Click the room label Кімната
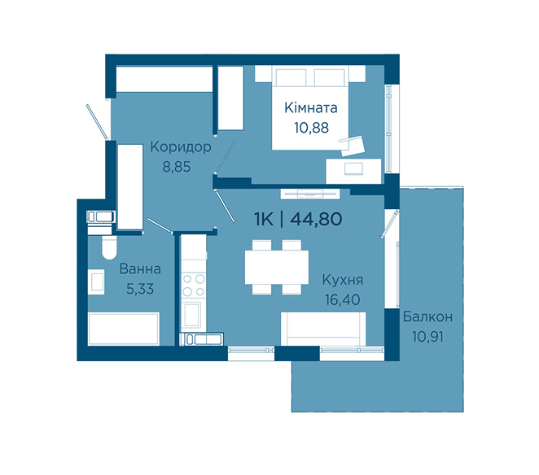point(311,108)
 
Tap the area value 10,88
point(312,128)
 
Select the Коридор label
point(181,147)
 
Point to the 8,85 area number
point(177,167)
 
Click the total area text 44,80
point(316,219)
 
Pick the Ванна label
point(140,269)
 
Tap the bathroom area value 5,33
point(140,289)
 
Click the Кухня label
point(343,280)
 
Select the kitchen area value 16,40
point(343,300)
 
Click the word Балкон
point(427,316)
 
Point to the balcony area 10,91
point(428,337)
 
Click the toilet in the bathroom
point(109,247)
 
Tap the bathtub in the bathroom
point(124,329)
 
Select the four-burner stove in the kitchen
point(193,285)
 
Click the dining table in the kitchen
point(277,268)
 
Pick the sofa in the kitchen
point(323,329)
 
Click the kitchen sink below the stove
point(192,315)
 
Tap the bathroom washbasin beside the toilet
point(96,281)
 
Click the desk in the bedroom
point(353,171)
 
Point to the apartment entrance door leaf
point(97,122)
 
